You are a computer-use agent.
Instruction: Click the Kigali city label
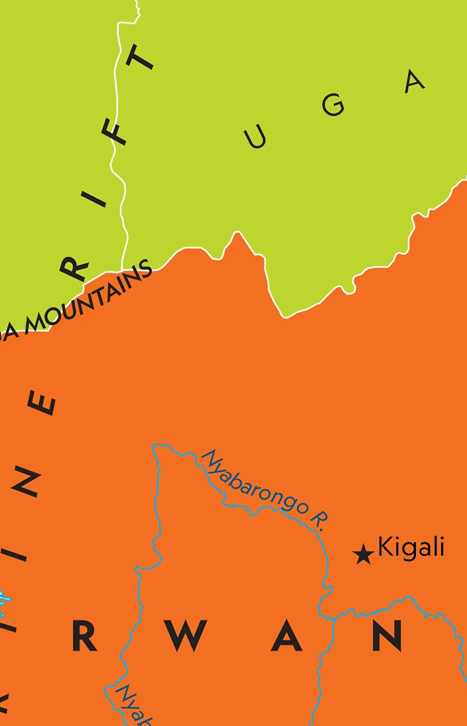[411, 548]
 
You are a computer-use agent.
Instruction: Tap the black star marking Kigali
[363, 554]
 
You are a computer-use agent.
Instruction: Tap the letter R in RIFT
[74, 267]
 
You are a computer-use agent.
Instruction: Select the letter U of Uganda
[255, 137]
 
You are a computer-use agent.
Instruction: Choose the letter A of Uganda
[414, 82]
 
